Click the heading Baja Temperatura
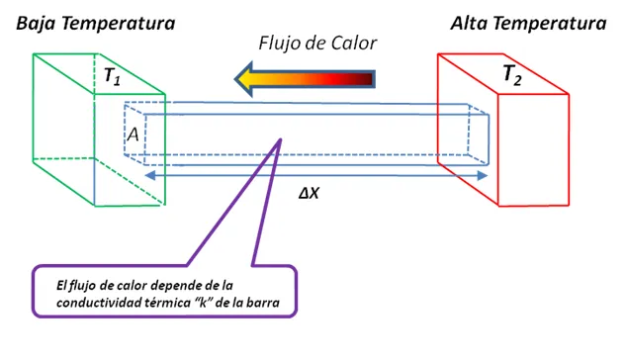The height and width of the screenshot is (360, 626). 95,22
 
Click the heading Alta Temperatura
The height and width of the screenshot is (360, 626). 527,22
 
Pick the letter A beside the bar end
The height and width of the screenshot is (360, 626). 132,135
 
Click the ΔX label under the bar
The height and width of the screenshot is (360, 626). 310,193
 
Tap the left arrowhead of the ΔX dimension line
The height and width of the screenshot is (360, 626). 149,175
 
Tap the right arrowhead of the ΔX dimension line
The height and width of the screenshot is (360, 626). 485,175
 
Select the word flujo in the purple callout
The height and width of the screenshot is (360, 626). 82,285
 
